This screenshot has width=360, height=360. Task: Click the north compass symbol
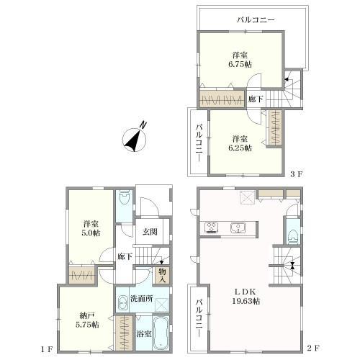point(135,139)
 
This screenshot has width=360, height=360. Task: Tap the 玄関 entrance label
point(150,232)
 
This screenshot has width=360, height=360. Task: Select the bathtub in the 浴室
point(161,333)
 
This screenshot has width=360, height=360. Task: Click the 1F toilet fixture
point(125,197)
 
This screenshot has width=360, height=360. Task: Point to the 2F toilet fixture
point(294,236)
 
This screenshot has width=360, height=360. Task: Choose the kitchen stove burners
point(212,228)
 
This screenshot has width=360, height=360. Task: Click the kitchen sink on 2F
point(238,228)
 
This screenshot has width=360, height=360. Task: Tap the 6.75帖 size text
point(240,64)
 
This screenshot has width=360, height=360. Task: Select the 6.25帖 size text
point(240,148)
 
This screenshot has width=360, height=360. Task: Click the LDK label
point(245,292)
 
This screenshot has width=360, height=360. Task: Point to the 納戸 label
point(87,315)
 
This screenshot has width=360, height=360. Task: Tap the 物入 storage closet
point(162,275)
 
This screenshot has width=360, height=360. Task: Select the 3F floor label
point(296,174)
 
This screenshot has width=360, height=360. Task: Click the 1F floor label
point(46,349)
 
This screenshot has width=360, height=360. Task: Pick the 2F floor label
point(313,348)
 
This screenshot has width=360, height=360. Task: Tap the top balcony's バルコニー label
point(256,19)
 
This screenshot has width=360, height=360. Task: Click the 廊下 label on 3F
point(256,99)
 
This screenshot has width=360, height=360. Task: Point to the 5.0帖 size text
point(91,233)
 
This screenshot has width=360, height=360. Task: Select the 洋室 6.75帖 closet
point(222,99)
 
